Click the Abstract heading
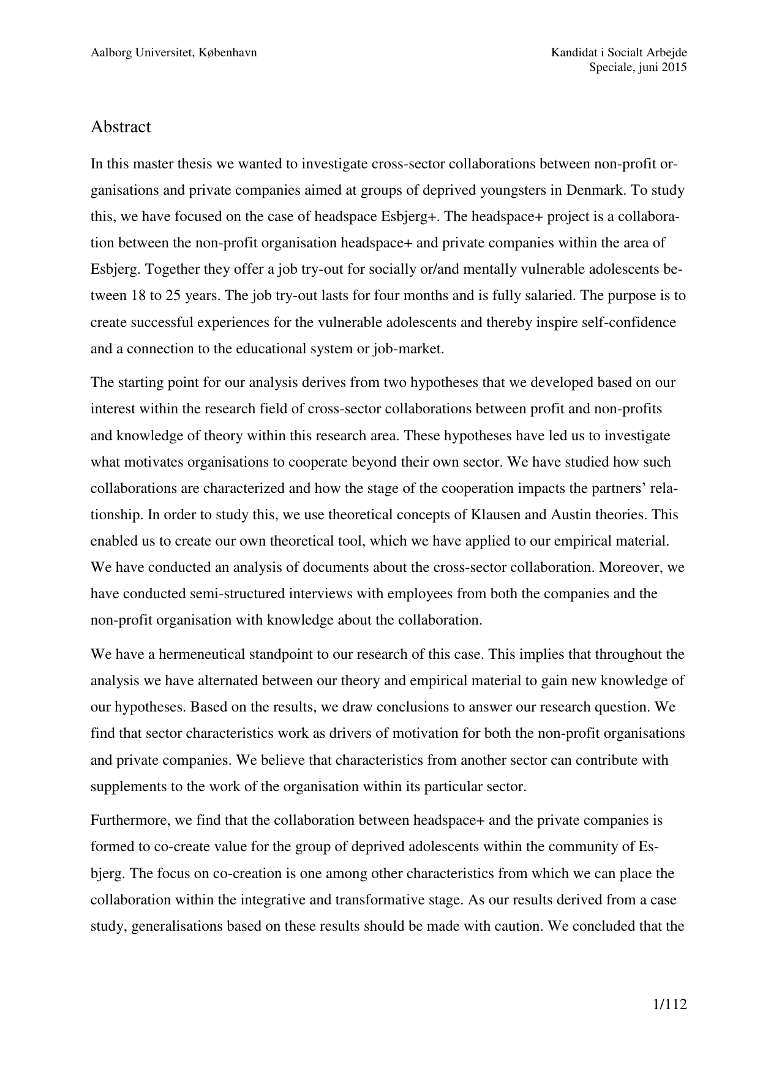click(121, 127)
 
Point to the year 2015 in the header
click(674, 68)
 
